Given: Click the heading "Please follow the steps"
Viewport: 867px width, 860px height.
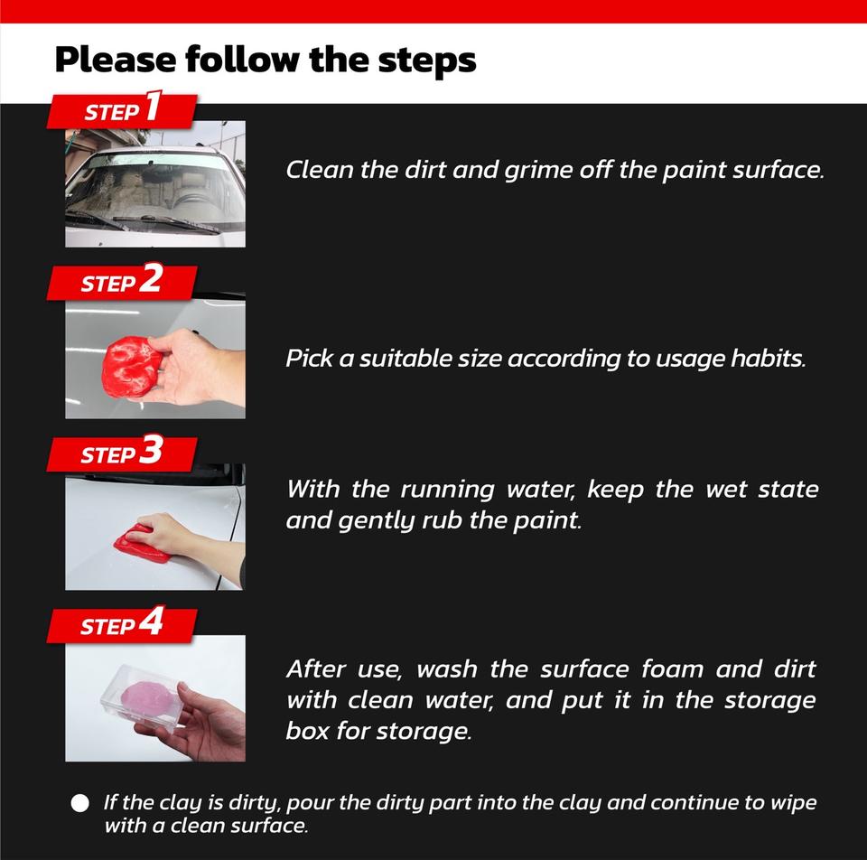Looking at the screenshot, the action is click(x=266, y=61).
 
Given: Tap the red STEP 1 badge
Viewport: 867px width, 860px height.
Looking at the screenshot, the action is click(x=122, y=110).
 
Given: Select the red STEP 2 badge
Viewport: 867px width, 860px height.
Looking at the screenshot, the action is click(x=122, y=282).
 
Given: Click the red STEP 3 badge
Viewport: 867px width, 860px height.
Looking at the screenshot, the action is click(x=122, y=453).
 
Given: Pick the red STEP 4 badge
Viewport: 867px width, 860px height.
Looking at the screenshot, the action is click(x=122, y=625).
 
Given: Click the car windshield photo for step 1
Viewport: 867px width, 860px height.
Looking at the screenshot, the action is click(x=155, y=184).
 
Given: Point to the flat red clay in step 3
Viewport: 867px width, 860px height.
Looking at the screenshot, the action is click(x=142, y=545).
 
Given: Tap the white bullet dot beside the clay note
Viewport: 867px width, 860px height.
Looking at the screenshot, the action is click(x=80, y=803).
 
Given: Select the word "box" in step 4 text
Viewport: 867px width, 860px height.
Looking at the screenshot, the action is click(x=307, y=731).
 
